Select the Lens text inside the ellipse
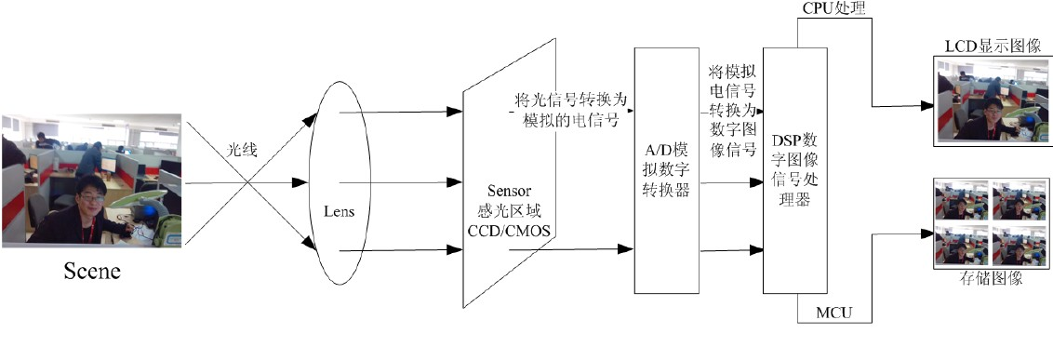click(x=340, y=211)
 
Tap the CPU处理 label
click(x=833, y=8)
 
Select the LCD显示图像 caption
click(x=992, y=45)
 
